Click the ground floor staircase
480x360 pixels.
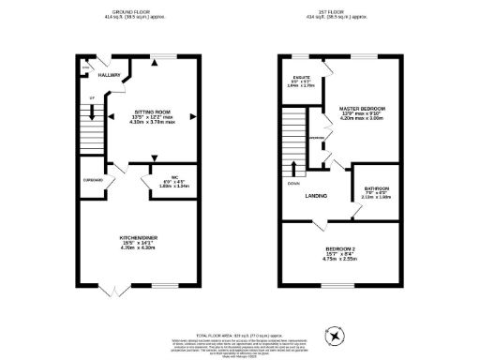pyautogui.click(x=92, y=131)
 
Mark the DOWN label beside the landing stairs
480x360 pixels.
pyautogui.click(x=293, y=184)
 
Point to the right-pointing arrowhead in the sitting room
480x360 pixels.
pyautogui.click(x=193, y=116)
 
